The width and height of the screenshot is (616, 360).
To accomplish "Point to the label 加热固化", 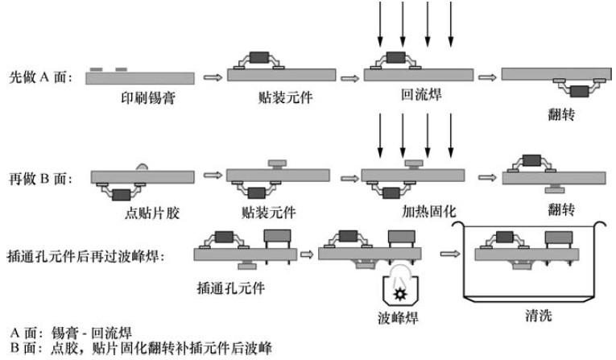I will pyautogui.click(x=429, y=211).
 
